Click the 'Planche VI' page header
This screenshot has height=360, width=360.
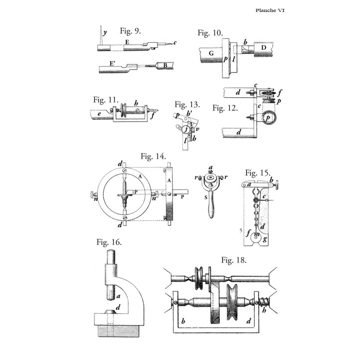tap(270, 10)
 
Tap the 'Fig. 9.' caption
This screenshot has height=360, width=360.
tap(130, 31)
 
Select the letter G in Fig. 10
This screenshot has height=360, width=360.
tap(211, 53)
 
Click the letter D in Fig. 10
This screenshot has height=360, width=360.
tap(264, 48)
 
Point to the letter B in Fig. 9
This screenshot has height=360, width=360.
tap(165, 66)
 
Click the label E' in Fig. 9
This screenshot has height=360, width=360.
tap(112, 63)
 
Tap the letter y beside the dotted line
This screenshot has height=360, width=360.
tap(105, 33)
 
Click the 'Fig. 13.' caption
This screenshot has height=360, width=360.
tap(187, 104)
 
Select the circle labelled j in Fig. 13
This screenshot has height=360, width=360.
tap(185, 130)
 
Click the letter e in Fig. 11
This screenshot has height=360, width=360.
tap(99, 114)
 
